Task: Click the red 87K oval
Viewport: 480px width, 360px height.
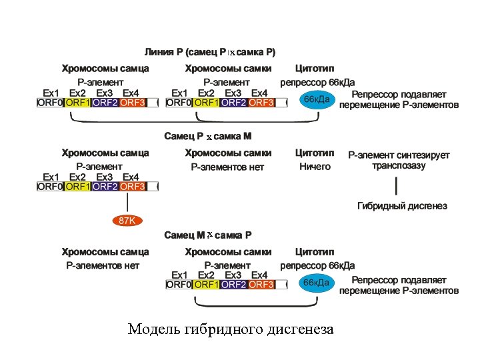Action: tap(127, 221)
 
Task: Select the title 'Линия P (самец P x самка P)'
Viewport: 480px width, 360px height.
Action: tap(210, 52)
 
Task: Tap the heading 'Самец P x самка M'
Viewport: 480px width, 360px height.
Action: tap(208, 137)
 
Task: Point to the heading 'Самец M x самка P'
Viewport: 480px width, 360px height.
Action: tap(208, 235)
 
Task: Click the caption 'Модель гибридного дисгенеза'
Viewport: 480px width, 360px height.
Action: tap(231, 329)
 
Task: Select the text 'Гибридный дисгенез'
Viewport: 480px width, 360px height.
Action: tap(402, 205)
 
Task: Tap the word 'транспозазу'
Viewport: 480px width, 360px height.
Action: tap(399, 166)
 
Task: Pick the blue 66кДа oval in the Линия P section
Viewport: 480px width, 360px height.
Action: tap(316, 99)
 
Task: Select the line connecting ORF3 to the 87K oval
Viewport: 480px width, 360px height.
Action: tap(127, 203)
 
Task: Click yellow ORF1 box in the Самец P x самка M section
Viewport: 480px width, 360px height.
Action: tap(78, 187)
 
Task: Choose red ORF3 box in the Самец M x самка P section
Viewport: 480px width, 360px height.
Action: tap(261, 285)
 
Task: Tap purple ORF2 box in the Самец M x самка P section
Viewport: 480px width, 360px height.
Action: tap(233, 285)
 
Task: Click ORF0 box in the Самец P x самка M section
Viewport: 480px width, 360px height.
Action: tap(50, 187)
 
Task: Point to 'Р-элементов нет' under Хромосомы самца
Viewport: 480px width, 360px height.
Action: tap(102, 265)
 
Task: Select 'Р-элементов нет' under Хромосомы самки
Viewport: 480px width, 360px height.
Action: tap(227, 167)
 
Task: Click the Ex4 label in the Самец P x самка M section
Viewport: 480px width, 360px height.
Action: tap(131, 177)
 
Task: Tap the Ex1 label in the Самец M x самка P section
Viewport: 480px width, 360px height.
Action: tap(179, 275)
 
